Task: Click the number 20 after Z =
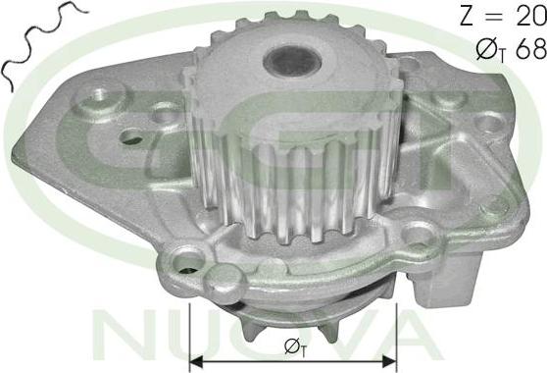(531, 16)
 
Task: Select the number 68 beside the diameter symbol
(531, 48)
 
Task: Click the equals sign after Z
(496, 17)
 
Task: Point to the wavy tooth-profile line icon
(43, 45)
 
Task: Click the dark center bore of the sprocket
(292, 59)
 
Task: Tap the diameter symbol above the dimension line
(295, 347)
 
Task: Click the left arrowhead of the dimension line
(196, 362)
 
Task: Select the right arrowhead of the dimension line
(390, 362)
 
